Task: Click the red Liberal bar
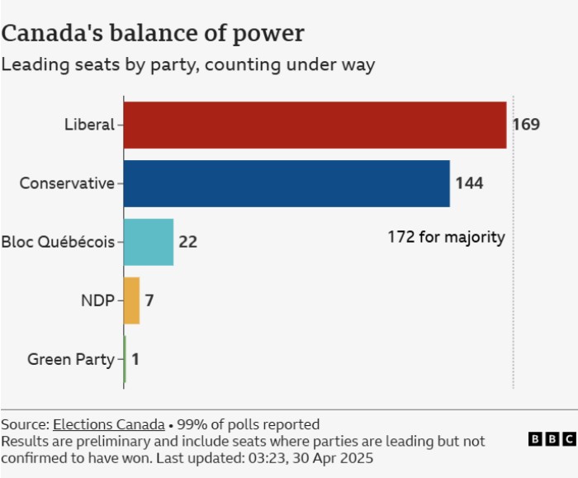(315, 125)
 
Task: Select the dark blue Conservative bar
(287, 183)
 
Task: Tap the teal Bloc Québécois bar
(149, 242)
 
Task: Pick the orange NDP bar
(131, 301)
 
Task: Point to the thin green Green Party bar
(125, 359)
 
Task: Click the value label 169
(525, 125)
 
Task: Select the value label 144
(469, 183)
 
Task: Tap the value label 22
(187, 242)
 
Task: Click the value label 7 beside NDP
(149, 301)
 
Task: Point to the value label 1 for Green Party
(135, 359)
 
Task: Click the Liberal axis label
(89, 125)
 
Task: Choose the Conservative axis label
(67, 183)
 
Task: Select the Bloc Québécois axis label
(58, 242)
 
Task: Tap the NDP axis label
(97, 301)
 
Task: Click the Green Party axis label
(70, 359)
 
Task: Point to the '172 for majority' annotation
(446, 237)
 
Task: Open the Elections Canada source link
(108, 425)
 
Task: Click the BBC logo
(552, 440)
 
